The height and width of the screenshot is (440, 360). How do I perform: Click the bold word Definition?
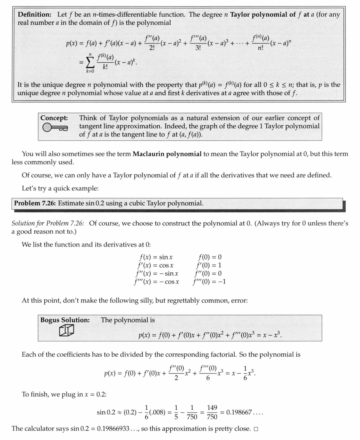(x=35, y=14)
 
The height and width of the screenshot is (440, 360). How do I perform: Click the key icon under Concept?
(x=55, y=128)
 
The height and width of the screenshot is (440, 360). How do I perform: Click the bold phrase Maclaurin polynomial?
(x=167, y=154)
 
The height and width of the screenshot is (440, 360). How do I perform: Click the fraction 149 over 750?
(x=212, y=412)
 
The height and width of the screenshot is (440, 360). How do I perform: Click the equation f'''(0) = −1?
(x=209, y=281)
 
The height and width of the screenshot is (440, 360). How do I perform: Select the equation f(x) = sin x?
(x=155, y=257)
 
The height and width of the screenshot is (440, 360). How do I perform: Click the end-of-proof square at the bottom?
(x=256, y=429)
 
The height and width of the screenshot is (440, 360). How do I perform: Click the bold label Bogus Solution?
(x=65, y=320)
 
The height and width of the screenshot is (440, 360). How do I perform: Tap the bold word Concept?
(x=54, y=118)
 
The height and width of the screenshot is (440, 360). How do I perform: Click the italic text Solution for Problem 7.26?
(x=48, y=224)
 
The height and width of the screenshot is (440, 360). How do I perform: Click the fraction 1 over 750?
(x=192, y=412)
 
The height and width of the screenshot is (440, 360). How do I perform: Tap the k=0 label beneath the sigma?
(x=90, y=71)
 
